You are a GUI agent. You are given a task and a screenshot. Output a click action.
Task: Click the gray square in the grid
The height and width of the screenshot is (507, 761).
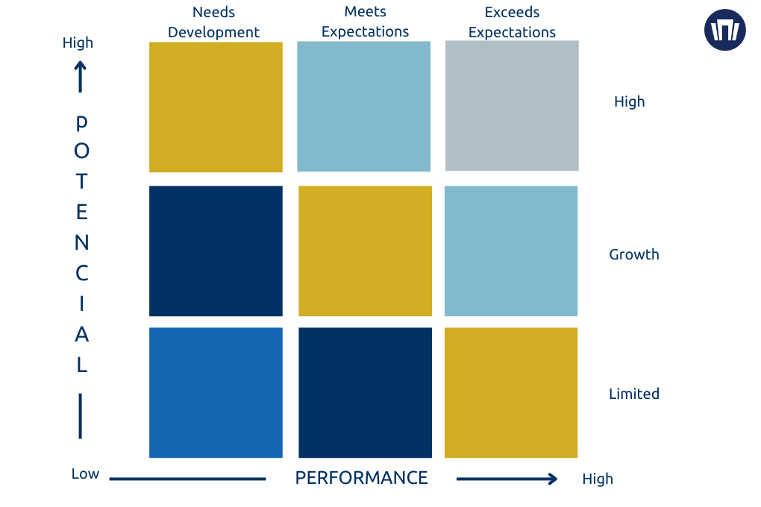512,106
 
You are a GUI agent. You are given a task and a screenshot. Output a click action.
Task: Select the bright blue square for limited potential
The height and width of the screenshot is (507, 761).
216,392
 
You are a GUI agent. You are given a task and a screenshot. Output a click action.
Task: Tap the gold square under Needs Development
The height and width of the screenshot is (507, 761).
216,107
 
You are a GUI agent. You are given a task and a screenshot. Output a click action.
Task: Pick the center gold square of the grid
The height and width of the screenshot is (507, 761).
365,251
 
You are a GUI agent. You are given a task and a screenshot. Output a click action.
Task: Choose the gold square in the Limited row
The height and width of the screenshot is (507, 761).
511,392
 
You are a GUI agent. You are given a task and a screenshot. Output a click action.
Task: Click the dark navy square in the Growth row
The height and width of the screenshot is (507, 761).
216,251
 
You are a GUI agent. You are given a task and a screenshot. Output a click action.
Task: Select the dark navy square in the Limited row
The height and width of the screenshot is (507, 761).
365,392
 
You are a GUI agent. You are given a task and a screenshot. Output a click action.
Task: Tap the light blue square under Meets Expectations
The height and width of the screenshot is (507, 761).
364,106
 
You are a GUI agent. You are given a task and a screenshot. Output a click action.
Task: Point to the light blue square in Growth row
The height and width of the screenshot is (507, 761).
511,251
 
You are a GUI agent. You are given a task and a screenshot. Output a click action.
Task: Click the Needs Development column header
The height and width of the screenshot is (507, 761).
213,22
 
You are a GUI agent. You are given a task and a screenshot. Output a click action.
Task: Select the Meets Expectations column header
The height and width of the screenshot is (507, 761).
366,22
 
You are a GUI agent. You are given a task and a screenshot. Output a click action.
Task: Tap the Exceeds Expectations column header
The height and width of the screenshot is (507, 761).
512,22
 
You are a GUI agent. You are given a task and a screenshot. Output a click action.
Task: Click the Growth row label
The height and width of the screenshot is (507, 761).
634,254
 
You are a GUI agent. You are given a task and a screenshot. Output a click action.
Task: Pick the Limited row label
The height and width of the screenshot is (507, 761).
634,394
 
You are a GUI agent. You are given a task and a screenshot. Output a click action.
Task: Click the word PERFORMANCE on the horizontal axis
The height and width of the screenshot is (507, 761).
362,478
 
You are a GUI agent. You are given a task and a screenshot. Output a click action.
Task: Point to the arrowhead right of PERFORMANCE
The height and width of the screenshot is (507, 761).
552,479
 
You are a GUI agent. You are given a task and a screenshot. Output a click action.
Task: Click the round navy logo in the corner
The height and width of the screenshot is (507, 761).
725,30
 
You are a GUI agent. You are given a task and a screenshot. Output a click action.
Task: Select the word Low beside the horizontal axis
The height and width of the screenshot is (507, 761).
85,474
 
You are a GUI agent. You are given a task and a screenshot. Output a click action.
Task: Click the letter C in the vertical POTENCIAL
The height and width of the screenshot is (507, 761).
81,274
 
